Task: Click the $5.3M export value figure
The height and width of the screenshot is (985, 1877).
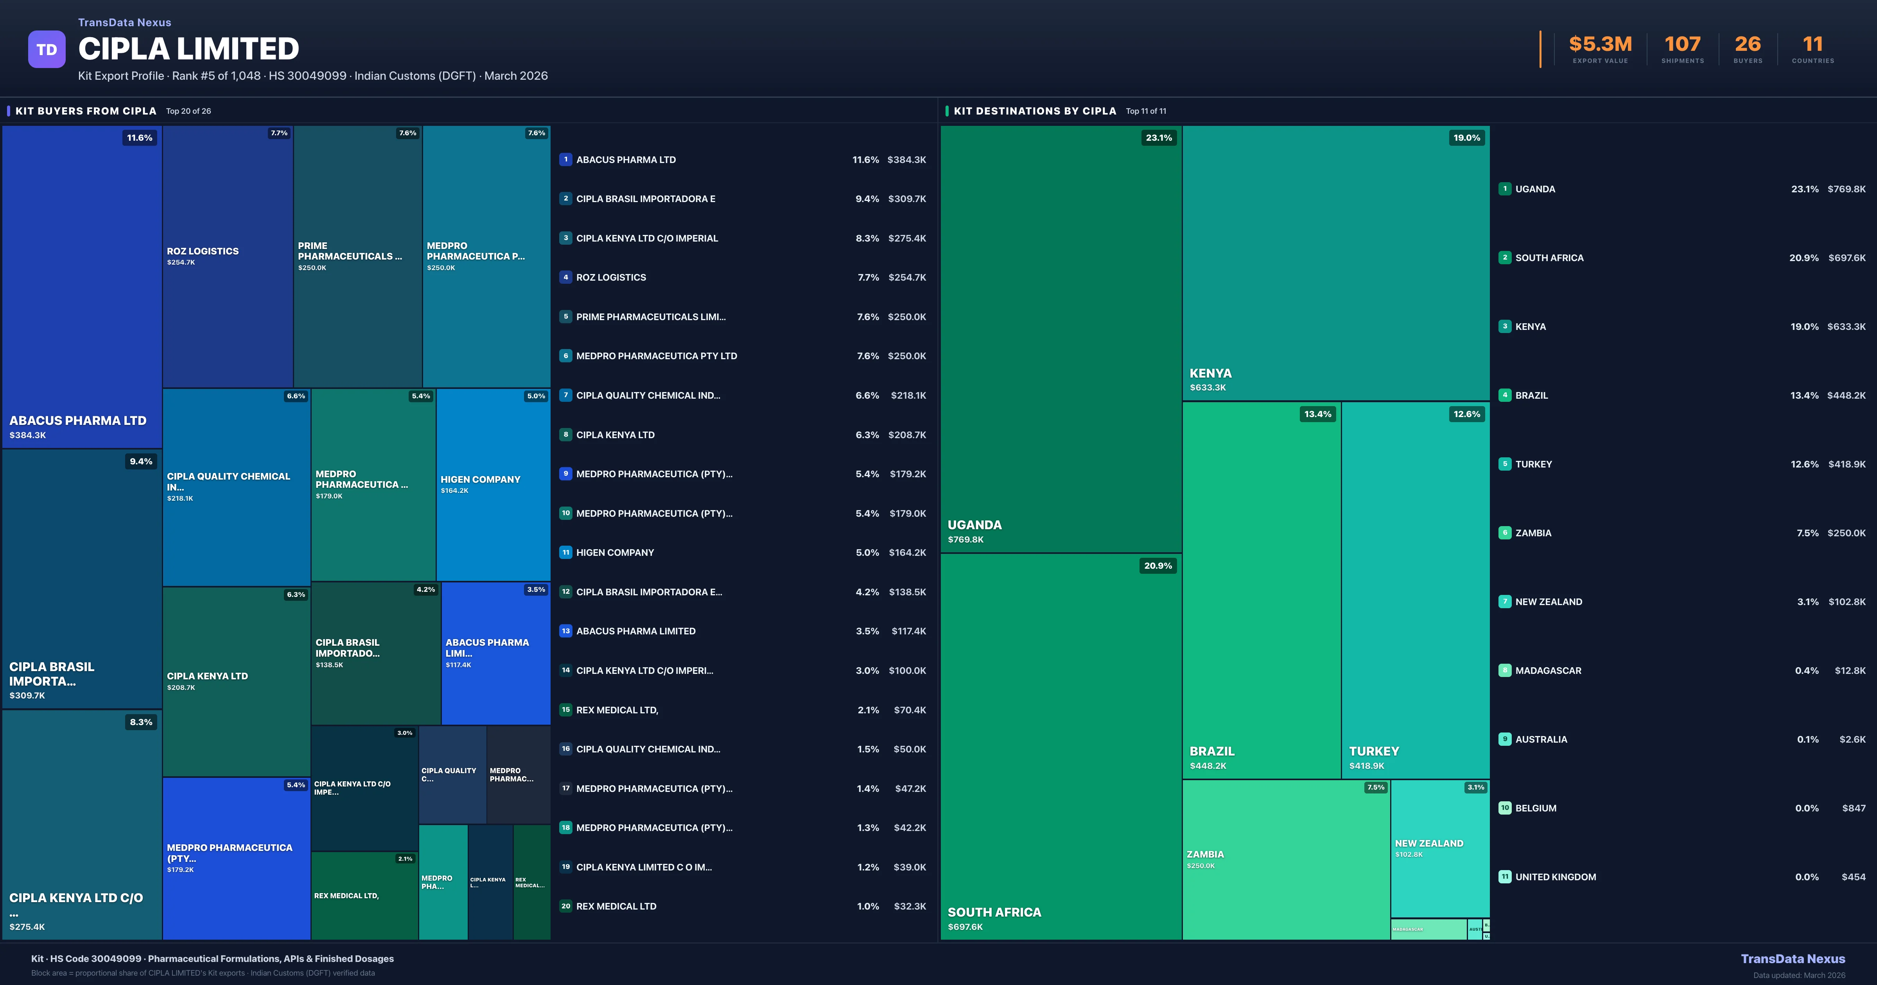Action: (1600, 45)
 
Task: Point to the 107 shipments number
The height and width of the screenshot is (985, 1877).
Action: (1682, 45)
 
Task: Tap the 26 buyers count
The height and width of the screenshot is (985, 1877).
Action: (1747, 45)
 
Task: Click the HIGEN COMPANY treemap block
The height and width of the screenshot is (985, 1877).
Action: (493, 484)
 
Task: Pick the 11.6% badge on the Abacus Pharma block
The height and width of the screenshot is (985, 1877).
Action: (140, 138)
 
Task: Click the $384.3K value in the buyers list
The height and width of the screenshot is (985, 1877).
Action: (906, 159)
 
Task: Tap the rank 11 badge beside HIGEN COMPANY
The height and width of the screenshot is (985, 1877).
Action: (565, 552)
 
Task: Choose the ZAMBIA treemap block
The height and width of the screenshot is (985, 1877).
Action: (1286, 859)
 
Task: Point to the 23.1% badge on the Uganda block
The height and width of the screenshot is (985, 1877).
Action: (1159, 138)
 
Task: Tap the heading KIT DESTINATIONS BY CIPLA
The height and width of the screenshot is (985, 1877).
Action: (1035, 111)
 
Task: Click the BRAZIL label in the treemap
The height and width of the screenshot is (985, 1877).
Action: (1212, 751)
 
